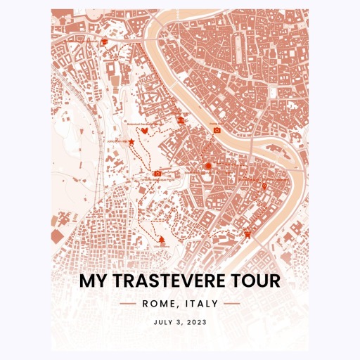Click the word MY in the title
coord(91,281)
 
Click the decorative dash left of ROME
coord(128,304)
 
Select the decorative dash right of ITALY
coord(232,304)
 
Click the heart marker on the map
coord(144,131)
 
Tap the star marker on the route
coord(131,142)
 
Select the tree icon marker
coord(162,239)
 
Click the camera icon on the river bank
coord(217,130)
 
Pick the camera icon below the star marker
coord(157,172)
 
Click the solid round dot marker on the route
coord(207,166)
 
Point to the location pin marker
coord(264,186)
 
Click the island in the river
coord(278,186)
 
